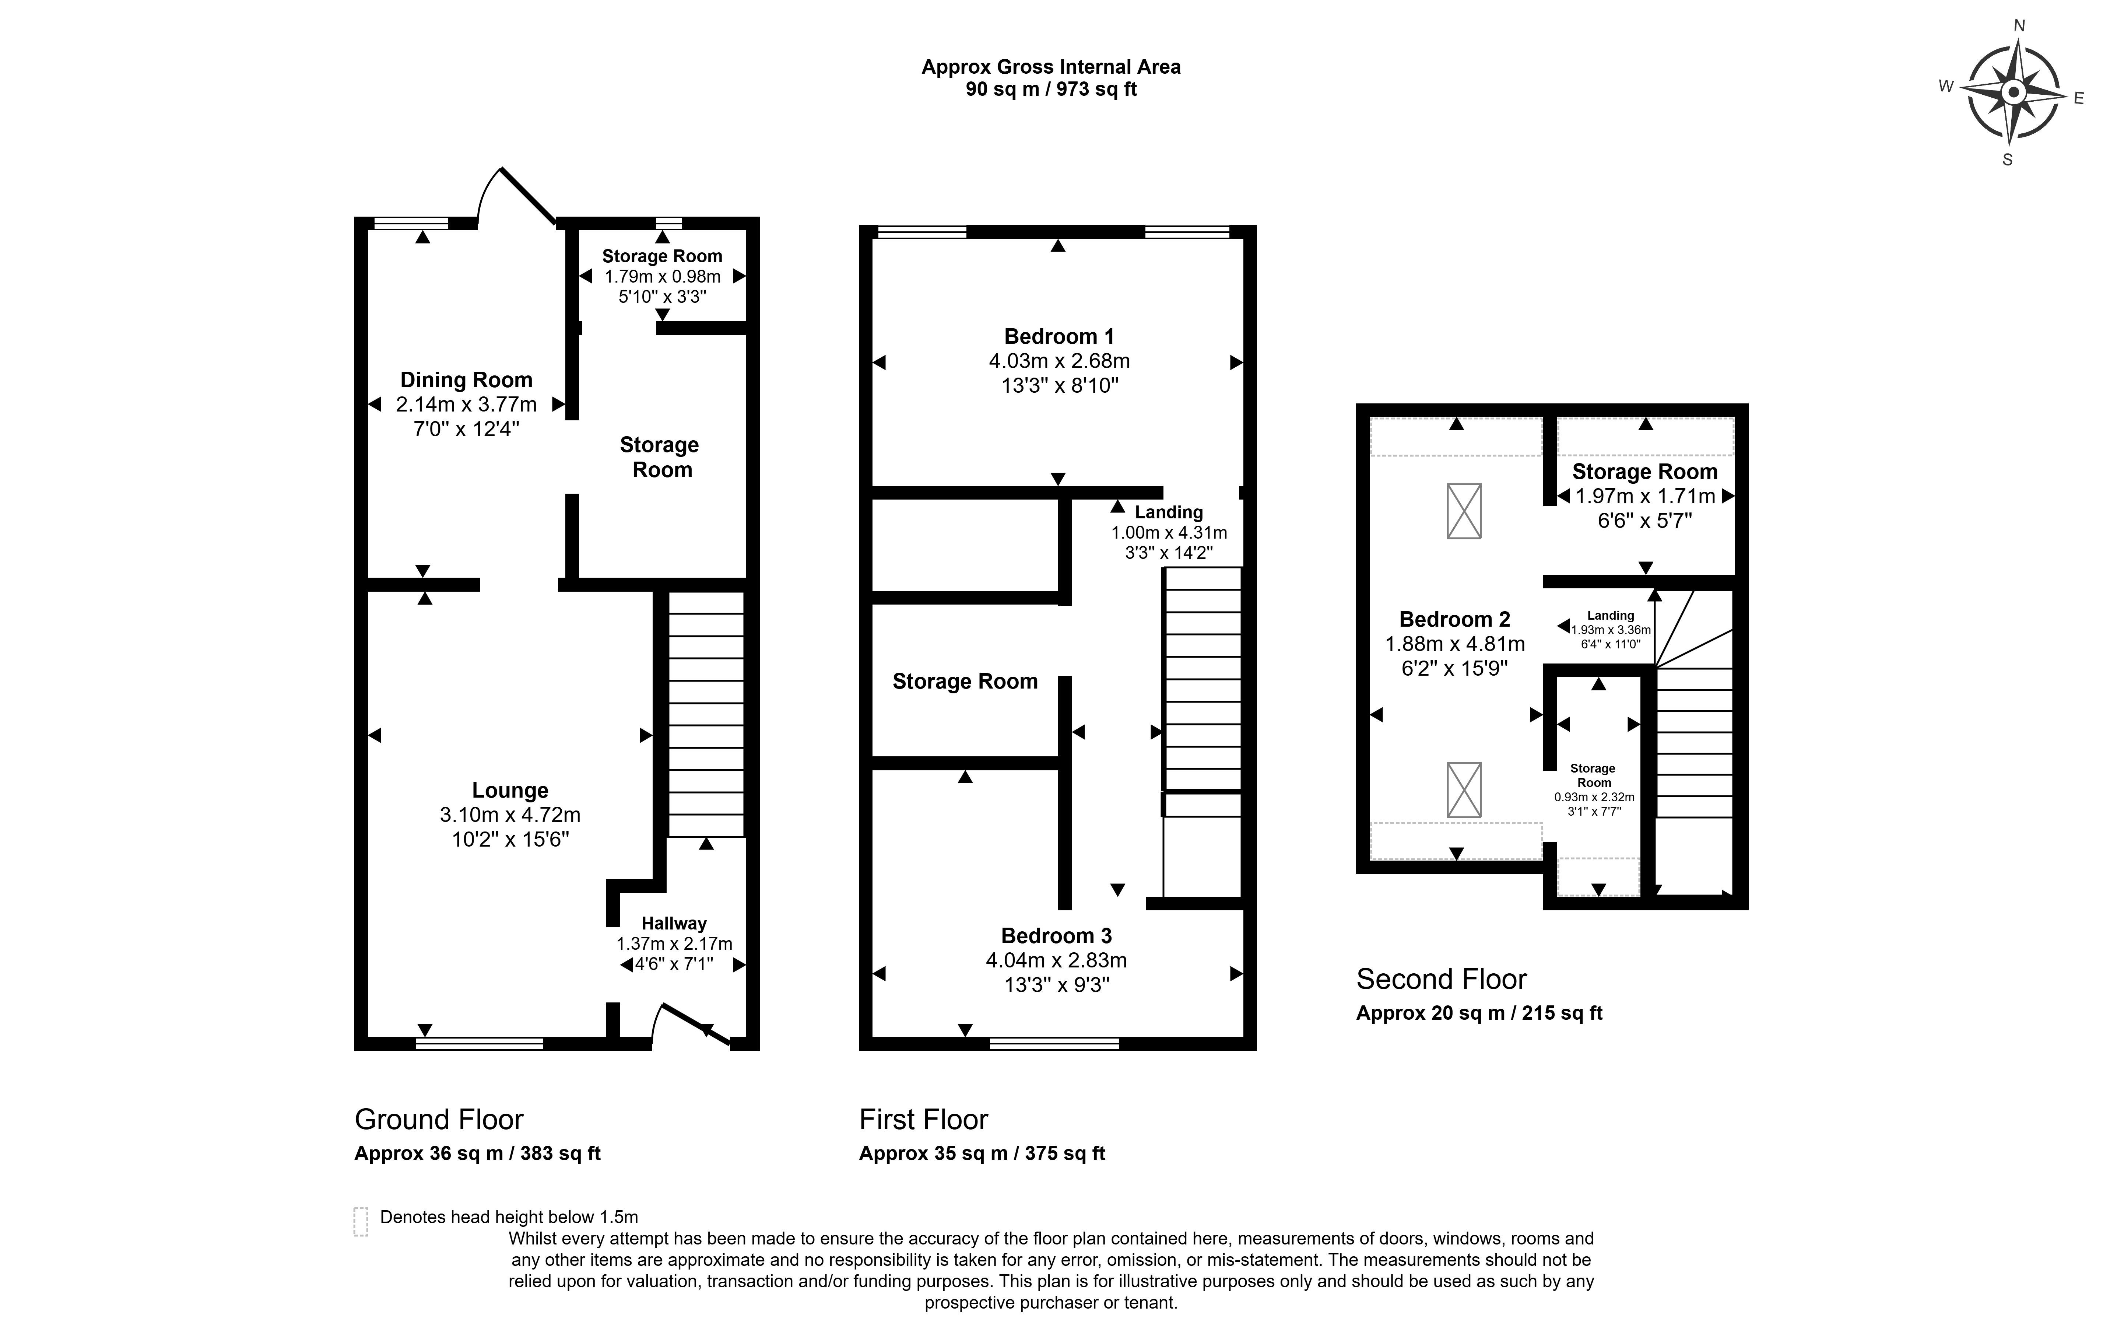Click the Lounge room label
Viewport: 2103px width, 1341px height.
point(510,791)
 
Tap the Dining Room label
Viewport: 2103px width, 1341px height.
point(466,380)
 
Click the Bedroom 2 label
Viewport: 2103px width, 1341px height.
point(1455,619)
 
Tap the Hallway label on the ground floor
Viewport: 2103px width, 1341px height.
point(674,924)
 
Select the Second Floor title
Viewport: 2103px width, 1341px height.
point(1442,979)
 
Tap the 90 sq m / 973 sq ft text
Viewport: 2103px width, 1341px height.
point(1051,89)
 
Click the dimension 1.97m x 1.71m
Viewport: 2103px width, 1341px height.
point(1645,496)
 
